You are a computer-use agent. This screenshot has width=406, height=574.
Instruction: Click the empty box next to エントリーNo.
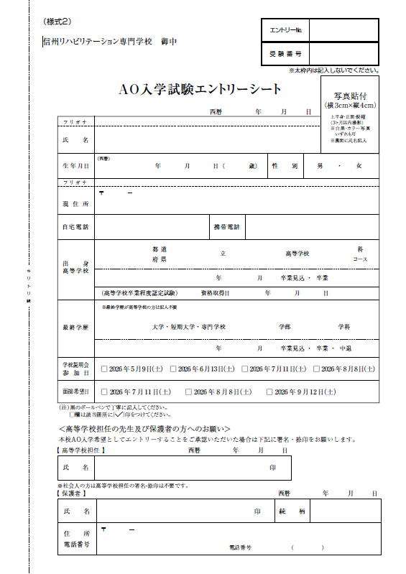pos(343,30)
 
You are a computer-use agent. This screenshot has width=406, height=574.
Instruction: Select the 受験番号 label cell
pos(285,54)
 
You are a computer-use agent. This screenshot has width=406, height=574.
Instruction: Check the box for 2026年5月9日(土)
pos(104,369)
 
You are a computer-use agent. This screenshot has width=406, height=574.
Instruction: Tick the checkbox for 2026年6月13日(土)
pos(173,369)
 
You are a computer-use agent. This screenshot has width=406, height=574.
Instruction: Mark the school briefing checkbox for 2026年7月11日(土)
pos(245,369)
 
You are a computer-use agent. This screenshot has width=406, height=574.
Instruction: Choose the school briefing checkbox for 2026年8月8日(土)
pos(316,369)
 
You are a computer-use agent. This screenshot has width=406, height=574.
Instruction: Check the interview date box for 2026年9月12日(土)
pos(269,392)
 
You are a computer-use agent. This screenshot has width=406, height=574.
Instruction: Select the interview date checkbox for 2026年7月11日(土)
pos(104,392)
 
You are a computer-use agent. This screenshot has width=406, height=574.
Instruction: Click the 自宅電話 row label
pos(75,227)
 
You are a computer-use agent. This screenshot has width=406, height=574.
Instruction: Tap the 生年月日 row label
pos(75,166)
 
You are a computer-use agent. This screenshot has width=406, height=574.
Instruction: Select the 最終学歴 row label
pos(75,327)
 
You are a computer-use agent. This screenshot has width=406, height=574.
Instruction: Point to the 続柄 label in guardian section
pos(292,511)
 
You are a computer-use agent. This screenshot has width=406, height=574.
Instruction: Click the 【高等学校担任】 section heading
pos(81,450)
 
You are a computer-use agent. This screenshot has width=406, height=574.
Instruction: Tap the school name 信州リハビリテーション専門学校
pos(98,42)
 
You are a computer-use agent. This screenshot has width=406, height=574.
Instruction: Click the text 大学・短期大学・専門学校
pos(188,326)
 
